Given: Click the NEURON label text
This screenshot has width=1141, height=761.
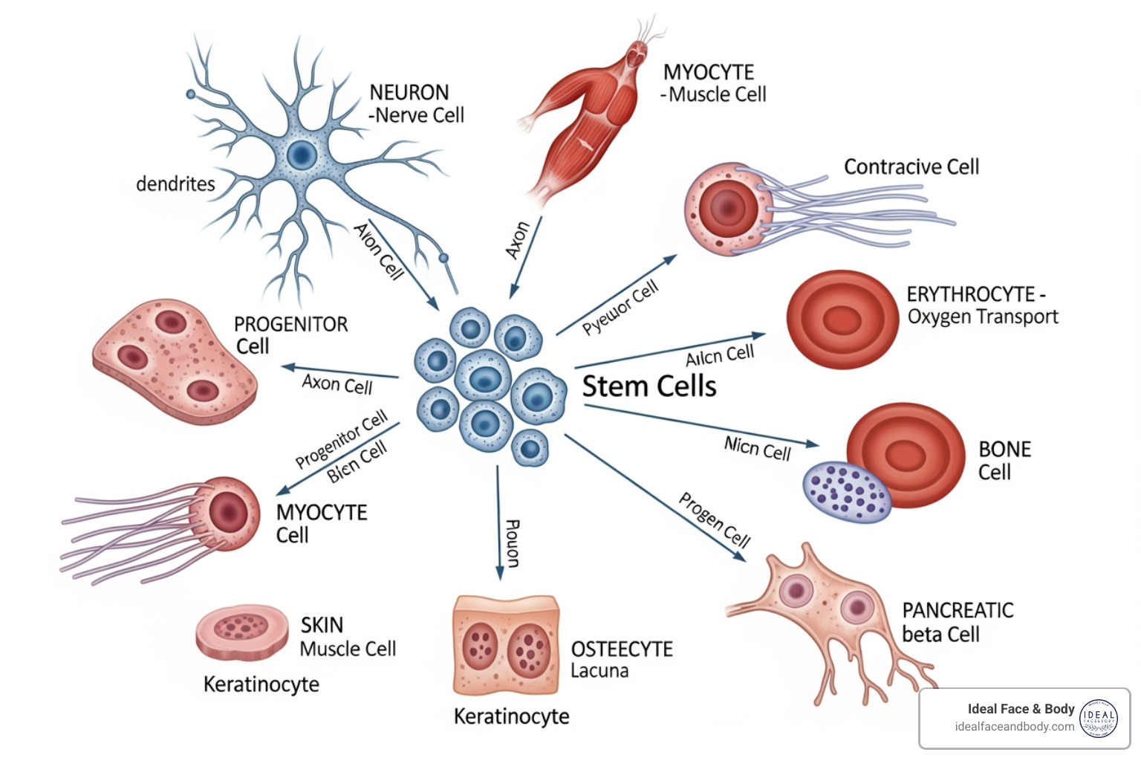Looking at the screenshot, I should pos(409,93).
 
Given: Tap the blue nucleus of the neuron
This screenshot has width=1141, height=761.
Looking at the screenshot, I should pos(302,155).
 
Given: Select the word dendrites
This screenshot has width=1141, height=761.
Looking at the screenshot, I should pos(175,184).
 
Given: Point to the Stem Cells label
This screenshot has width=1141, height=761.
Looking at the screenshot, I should pos(648,386).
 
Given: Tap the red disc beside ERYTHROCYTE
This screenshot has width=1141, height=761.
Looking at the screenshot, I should pos(842,320).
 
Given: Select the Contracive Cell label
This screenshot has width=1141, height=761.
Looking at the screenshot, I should pos(911,167).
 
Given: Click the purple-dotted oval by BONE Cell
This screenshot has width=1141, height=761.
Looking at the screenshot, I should pos(847,491).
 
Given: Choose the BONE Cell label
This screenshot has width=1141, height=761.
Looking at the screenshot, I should pos(1004,461).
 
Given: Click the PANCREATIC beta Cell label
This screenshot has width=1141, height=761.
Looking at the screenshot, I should pos(957,622).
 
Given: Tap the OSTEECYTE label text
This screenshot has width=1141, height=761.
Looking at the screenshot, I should pos(622,650).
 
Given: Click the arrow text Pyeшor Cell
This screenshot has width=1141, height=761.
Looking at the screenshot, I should pos(620,307).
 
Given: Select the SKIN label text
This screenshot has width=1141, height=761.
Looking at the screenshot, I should pos(322,625).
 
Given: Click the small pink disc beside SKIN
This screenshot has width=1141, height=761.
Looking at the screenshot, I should pos(242,632).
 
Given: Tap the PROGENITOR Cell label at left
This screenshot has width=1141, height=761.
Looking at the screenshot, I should pos(290,335).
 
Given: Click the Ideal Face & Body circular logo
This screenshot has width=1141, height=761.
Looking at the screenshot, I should pos(1099,719).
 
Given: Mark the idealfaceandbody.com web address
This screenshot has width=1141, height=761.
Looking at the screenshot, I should pos(1015,727).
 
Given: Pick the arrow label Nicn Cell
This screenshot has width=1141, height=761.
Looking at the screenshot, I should pos(757,449).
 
